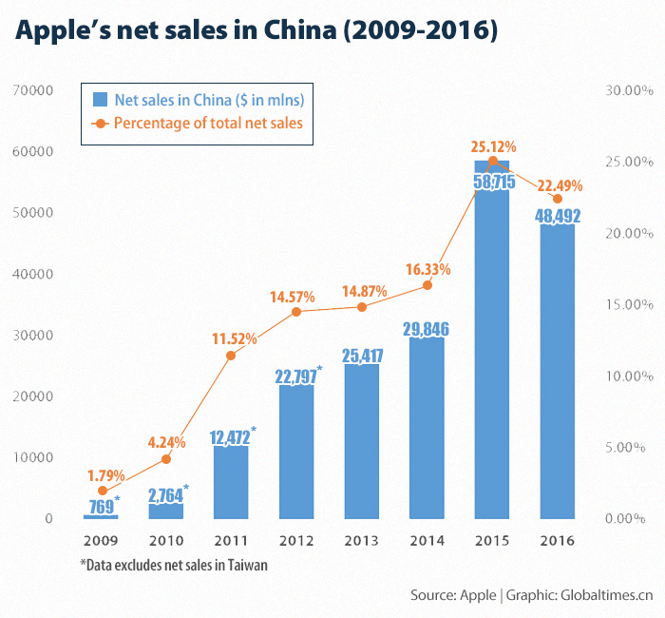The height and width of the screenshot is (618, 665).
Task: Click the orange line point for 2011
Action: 231,356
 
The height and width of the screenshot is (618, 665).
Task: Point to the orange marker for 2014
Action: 427,285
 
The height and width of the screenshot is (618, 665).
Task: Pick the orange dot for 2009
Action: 102,491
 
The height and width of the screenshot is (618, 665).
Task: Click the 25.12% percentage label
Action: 493,146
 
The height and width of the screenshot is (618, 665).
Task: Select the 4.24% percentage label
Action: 168,441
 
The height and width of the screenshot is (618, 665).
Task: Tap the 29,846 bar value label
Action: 427,329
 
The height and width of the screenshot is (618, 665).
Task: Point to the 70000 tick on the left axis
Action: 31,90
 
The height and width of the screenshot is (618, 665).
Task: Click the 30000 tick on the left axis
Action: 31,335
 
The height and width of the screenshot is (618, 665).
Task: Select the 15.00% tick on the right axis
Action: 626,304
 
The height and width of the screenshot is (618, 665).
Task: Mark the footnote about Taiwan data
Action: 174,565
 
